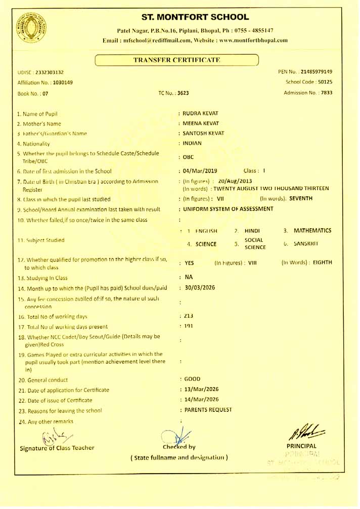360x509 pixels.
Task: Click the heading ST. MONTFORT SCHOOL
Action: (195, 17)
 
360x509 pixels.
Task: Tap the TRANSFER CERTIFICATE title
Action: (176, 60)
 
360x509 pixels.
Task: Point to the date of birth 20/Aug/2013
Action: (236, 181)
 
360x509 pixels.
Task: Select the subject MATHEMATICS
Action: (312, 231)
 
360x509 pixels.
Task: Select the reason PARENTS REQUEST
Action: (208, 410)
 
